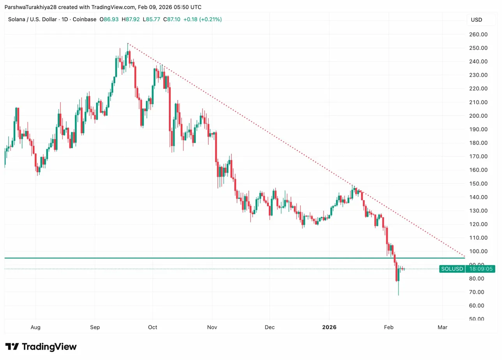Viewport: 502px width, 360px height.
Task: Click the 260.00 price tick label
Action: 478,34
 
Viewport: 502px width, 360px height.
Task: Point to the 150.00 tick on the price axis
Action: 478,184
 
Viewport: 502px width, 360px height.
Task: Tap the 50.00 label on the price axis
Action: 477,319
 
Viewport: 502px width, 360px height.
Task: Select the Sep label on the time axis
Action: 95,327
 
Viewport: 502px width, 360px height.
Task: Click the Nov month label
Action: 212,327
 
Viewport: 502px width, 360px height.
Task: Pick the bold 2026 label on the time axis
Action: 329,327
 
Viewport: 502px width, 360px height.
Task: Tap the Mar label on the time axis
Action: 442,327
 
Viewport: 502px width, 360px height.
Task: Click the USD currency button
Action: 476,20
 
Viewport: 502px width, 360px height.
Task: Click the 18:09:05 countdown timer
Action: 481,269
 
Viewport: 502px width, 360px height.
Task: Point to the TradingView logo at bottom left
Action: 41,347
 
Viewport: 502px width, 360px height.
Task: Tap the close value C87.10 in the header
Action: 171,19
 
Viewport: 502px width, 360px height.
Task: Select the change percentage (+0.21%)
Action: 210,19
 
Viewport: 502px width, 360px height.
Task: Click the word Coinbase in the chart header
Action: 84,19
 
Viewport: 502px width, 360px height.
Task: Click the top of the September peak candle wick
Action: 128,44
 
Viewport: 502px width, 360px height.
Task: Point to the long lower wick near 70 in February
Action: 398,290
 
